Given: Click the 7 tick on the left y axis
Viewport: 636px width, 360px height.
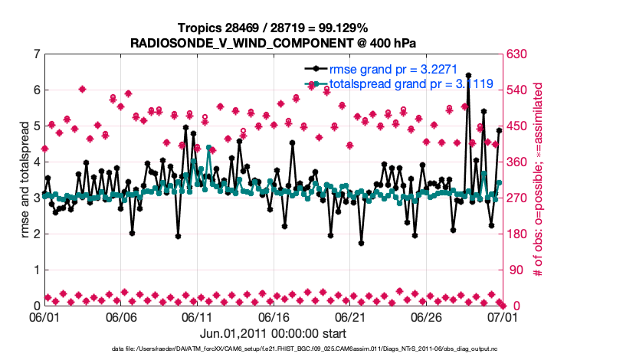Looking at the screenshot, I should (36, 54).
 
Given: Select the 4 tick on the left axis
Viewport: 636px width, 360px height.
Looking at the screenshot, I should (36, 162).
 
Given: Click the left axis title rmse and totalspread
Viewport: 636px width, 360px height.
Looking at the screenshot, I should (17, 179).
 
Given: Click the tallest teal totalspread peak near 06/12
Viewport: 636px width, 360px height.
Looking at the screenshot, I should (209, 148).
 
